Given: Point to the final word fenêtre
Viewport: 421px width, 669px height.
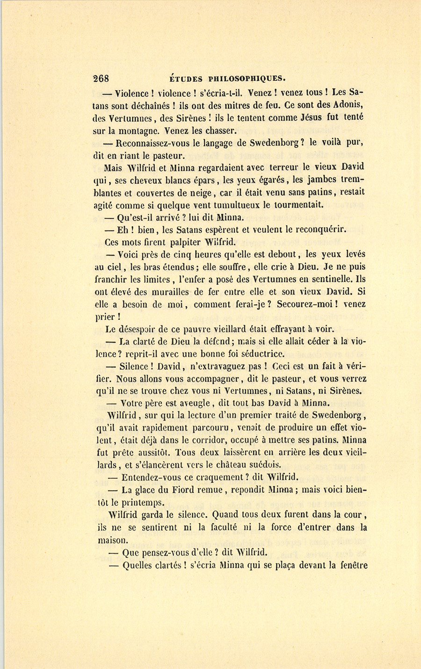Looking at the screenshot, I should coord(350,565).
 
